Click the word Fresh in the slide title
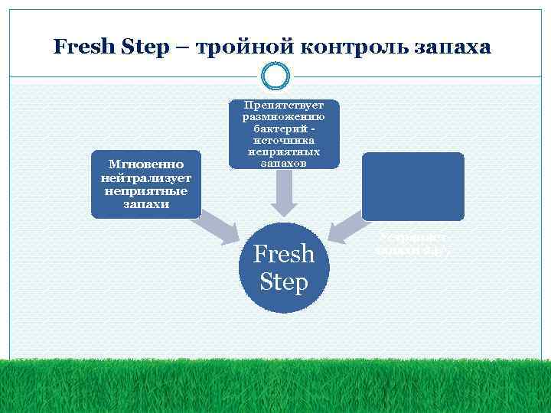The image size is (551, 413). pos(83,47)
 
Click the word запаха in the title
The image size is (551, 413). pos(452,47)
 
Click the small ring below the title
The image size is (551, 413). pos(275,76)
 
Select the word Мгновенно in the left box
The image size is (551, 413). pos(145,164)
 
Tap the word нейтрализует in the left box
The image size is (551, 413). pos(145,177)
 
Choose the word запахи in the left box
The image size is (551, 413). pos(145,204)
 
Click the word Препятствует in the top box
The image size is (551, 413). pos(283,106)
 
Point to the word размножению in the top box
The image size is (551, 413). pos(283,117)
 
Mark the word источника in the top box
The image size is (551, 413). pos(283,141)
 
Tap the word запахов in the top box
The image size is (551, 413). pos(283,163)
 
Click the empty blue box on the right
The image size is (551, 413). pos(413,186)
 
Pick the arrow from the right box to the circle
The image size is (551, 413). pos(348,225)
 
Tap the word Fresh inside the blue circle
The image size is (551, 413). pos(284,254)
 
